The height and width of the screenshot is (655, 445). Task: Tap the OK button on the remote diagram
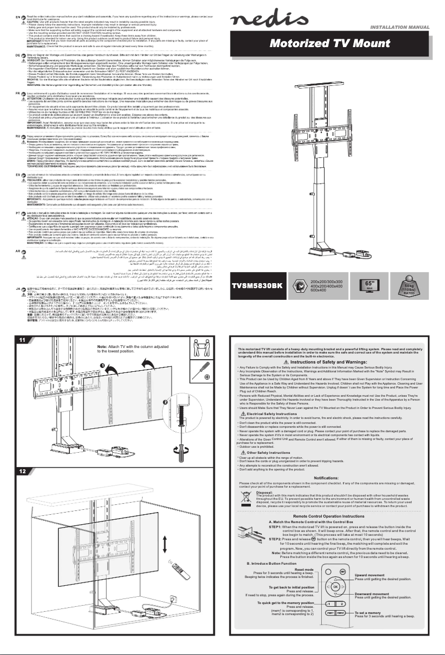point(335,586)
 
